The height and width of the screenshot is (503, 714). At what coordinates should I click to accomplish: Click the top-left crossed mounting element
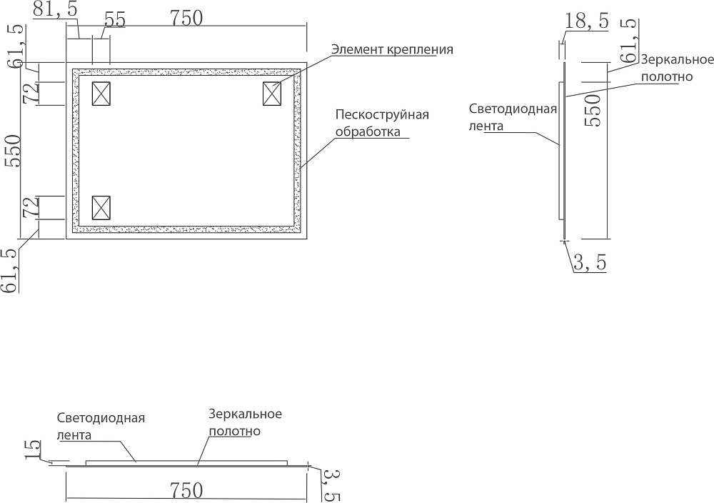tap(102, 94)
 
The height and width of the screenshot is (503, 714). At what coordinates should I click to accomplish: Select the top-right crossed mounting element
tap(273, 94)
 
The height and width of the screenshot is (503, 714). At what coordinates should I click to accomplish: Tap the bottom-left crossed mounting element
tap(102, 207)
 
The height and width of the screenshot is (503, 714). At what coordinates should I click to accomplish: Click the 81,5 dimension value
tap(56, 10)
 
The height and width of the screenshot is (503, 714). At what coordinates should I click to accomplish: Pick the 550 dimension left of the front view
tap(13, 151)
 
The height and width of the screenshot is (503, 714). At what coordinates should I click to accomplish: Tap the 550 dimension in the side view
tap(593, 109)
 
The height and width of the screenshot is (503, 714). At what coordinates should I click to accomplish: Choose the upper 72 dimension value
tap(31, 94)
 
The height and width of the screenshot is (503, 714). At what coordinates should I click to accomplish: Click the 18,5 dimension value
tap(585, 21)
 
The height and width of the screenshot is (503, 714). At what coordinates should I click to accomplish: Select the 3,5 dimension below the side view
tap(590, 264)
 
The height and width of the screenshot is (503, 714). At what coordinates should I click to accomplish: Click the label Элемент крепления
tap(392, 50)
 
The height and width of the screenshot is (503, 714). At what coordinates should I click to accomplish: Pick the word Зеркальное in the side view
tap(667, 61)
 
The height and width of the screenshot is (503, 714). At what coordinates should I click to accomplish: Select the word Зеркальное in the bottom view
tap(246, 414)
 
